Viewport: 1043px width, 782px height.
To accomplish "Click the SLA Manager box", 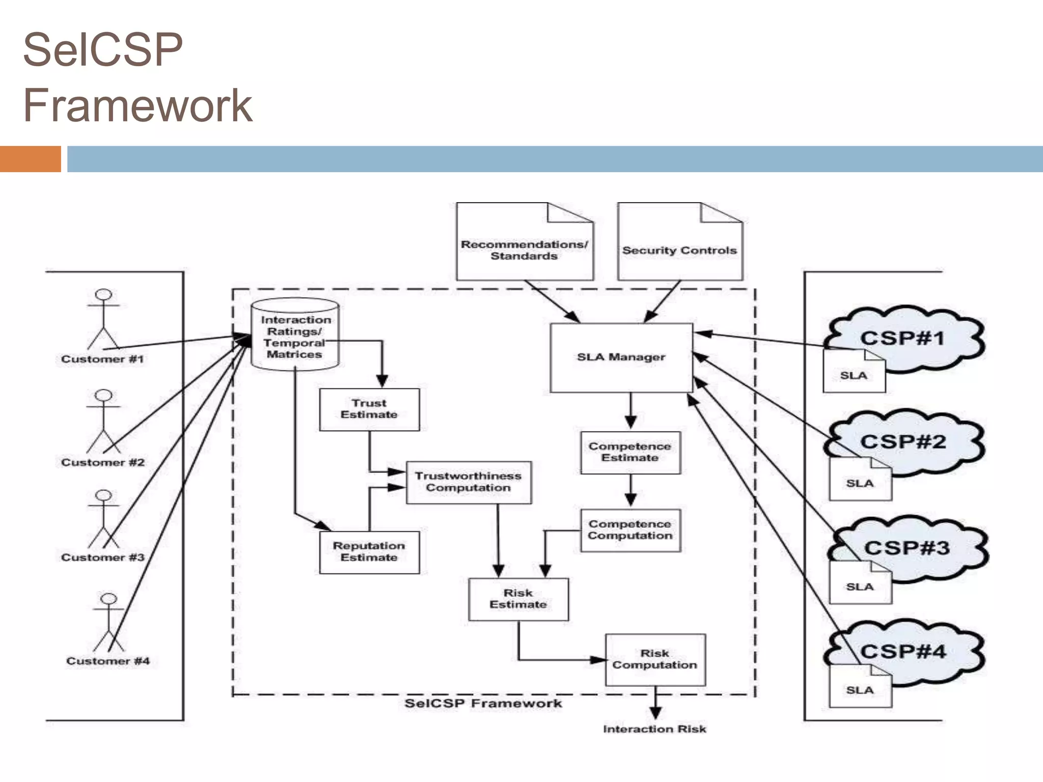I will [621, 357].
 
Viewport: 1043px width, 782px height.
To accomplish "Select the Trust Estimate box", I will [369, 409].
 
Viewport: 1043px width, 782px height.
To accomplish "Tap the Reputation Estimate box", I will [369, 552].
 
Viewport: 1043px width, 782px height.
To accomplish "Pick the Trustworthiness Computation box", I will [468, 482].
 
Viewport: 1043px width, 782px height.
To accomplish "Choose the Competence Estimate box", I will [630, 452].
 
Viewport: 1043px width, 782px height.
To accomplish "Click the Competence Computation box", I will [630, 530].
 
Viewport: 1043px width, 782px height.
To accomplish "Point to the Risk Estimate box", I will [518, 599].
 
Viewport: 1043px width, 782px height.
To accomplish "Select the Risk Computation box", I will [655, 659].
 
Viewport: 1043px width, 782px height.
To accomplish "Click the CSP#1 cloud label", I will [902, 338].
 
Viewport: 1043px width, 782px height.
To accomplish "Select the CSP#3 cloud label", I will [907, 548].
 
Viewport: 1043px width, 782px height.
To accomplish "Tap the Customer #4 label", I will [108, 661].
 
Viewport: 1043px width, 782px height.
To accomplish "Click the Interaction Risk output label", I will [654, 729].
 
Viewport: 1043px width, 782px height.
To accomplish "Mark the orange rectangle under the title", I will [30, 159].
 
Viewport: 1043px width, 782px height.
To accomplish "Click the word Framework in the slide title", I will [138, 105].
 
